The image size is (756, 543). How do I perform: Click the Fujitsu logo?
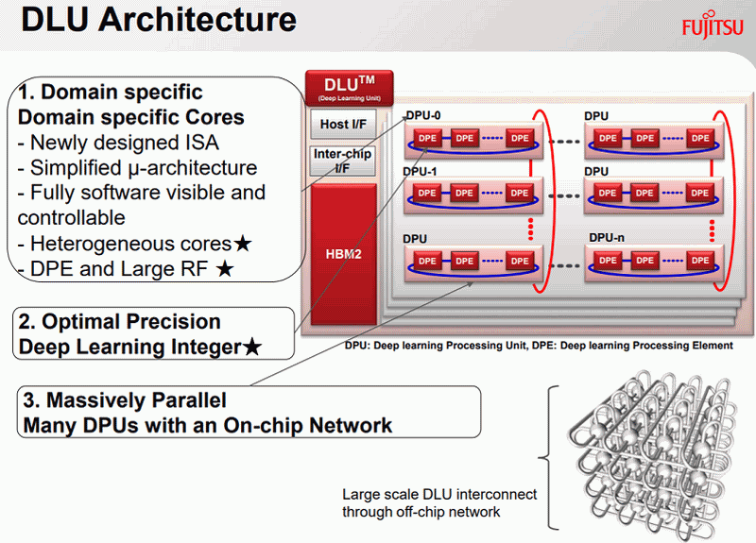coord(713,27)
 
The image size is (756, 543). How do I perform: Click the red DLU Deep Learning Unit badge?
coord(350,88)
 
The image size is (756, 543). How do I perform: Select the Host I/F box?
coord(343,125)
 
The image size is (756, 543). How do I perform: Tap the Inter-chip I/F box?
coord(342,161)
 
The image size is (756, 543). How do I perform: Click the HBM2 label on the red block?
coord(343,254)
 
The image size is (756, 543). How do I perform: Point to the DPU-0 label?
coord(423,115)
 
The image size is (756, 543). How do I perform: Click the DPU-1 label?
coord(420,172)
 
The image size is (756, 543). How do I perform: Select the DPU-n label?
coord(607,238)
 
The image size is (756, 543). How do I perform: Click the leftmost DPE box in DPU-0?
coord(427,138)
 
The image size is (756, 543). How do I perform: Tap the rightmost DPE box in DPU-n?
coord(700,261)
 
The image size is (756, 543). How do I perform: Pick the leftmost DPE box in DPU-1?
coord(427,194)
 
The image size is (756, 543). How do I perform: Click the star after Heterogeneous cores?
coord(243,244)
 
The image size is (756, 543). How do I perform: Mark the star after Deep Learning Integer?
coord(251,347)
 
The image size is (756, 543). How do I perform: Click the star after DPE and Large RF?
coord(225,269)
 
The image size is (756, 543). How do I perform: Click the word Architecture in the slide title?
coord(198,20)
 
